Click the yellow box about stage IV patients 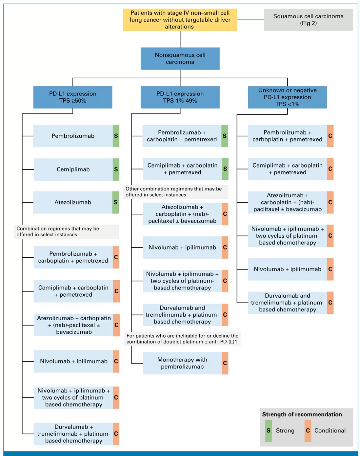pyautogui.click(x=180, y=20)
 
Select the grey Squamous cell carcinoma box pyautogui.click(x=308, y=20)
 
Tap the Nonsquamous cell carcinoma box pyautogui.click(x=180, y=58)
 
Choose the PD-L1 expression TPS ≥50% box pyautogui.click(x=73, y=97)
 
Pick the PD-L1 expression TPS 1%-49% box pyautogui.click(x=180, y=97)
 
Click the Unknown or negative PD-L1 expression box pyautogui.click(x=287, y=97)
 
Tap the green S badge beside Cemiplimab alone pyautogui.click(x=116, y=169)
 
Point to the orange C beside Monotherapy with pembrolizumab pyautogui.click(x=225, y=363)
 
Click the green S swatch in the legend pyautogui.click(x=269, y=430)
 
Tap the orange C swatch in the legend pyautogui.click(x=308, y=430)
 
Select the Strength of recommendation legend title pyautogui.click(x=302, y=414)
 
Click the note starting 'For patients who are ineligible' pyautogui.click(x=182, y=339)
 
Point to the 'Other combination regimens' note pyautogui.click(x=175, y=192)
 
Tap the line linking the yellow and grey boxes pyautogui.click(x=250, y=20)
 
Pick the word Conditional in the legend pyautogui.click(x=330, y=430)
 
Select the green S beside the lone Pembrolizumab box pyautogui.click(x=116, y=136)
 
